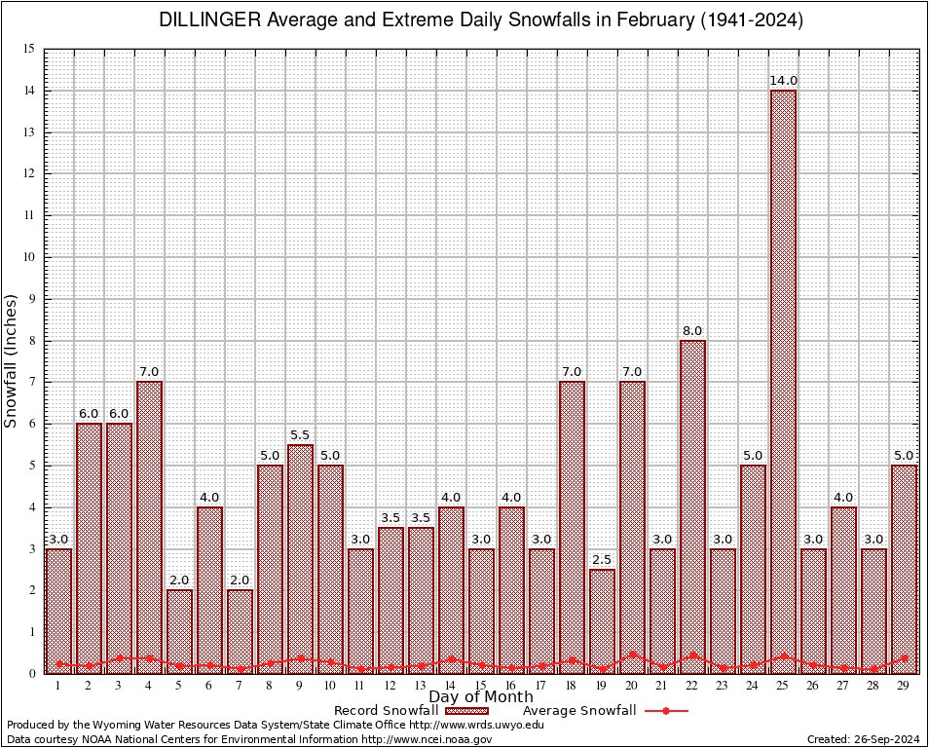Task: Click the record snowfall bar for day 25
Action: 783,380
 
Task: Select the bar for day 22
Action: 692,506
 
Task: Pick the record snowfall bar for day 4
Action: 149,526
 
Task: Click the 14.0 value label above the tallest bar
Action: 783,81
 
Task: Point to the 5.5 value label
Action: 300,435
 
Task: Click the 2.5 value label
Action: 602,560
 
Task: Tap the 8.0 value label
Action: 692,331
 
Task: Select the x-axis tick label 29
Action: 904,686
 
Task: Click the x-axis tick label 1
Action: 58,686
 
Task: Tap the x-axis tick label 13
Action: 421,686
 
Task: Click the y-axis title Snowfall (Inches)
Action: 11,360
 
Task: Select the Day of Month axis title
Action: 481,697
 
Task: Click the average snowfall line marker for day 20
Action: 632,654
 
